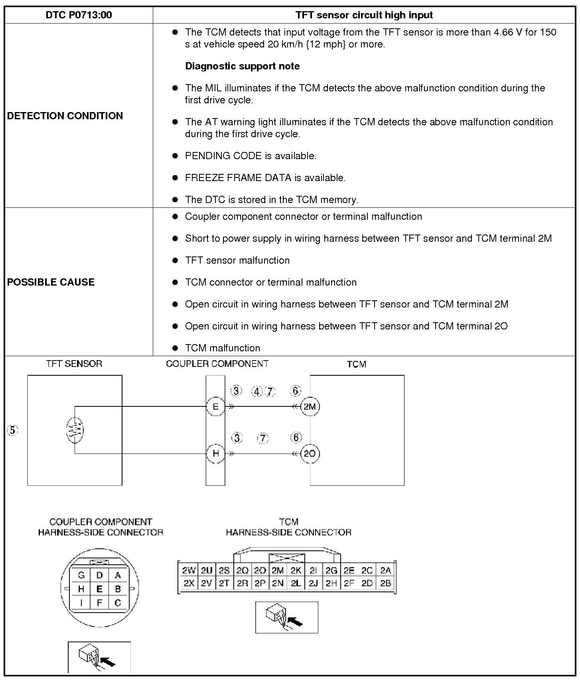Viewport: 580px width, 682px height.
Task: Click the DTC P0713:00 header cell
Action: click(x=79, y=15)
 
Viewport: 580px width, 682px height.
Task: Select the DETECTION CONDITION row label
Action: click(x=65, y=116)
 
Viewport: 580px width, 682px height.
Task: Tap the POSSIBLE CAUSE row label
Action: click(x=51, y=282)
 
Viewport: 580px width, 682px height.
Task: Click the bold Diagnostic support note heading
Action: click(x=242, y=66)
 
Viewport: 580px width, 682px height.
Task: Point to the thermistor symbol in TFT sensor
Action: click(x=75, y=430)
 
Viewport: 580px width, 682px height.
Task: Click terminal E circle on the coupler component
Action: click(x=216, y=406)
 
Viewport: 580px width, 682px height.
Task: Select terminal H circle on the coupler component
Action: click(x=216, y=453)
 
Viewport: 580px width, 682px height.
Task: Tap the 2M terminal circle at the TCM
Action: click(x=310, y=406)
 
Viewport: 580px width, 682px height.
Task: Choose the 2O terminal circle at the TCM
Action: click(x=310, y=453)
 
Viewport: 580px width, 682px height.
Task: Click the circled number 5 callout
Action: click(x=13, y=430)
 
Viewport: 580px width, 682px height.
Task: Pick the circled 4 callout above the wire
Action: click(x=257, y=392)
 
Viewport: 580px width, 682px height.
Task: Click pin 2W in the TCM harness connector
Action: click(x=189, y=570)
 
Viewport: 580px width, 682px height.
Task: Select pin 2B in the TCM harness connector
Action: click(x=385, y=583)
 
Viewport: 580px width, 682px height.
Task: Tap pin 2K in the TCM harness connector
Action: click(x=296, y=570)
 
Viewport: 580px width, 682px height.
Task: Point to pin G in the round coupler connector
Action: click(x=81, y=575)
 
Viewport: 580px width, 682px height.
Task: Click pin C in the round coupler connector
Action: click(x=118, y=603)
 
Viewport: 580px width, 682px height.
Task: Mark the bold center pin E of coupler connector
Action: click(x=99, y=589)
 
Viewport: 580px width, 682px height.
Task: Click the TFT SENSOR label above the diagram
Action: click(x=74, y=364)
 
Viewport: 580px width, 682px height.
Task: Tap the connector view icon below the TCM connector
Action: click(x=286, y=617)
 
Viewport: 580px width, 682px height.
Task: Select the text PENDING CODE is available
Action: click(x=251, y=156)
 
